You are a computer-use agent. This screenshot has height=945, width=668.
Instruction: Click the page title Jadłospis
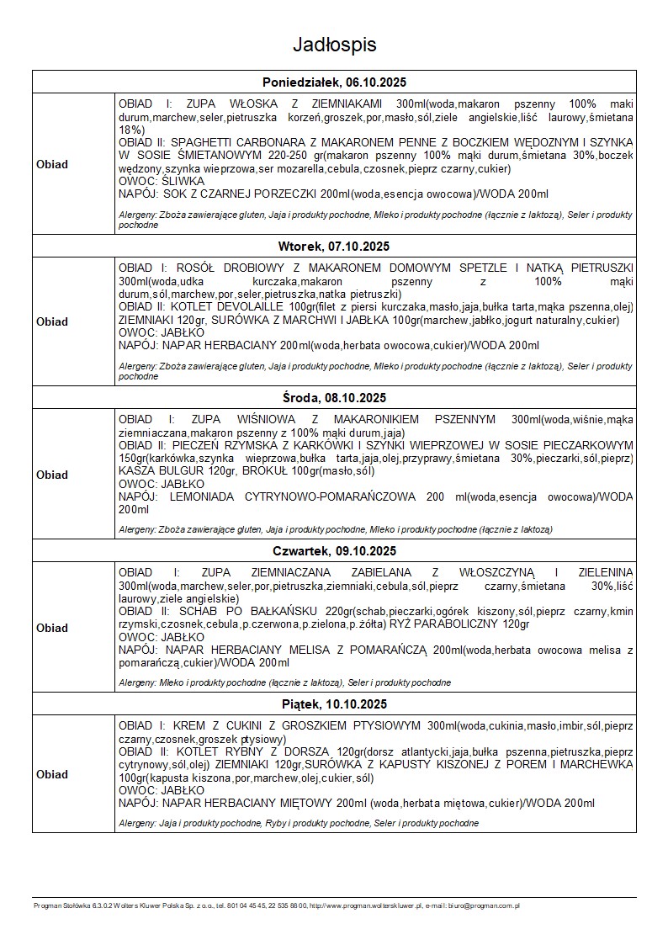tap(334, 45)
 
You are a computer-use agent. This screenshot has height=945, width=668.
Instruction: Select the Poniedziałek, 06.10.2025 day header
tap(334, 82)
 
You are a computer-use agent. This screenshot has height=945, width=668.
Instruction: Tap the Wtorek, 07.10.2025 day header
tap(334, 247)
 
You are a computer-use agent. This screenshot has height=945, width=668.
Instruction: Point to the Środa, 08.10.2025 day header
tap(334, 397)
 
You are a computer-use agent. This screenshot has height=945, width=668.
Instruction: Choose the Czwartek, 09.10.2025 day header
tap(334, 551)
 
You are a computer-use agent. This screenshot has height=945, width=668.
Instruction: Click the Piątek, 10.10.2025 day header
tap(334, 703)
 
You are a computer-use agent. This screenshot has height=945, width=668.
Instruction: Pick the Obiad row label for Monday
tap(52, 164)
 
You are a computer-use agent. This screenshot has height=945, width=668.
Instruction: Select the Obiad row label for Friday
tap(52, 774)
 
